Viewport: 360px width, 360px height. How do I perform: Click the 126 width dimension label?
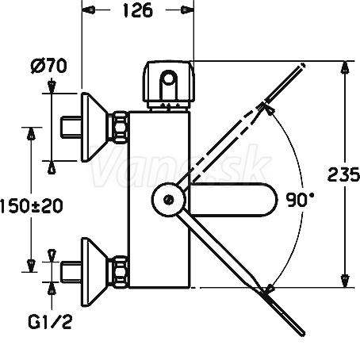pyautogui.click(x=138, y=10)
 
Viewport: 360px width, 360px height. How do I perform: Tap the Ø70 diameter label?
pyautogui.click(x=49, y=66)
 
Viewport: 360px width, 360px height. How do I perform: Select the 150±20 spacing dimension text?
pyautogui.click(x=32, y=206)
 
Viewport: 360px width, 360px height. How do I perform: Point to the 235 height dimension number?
pyautogui.click(x=343, y=174)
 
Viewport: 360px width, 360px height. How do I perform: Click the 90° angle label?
pyautogui.click(x=301, y=200)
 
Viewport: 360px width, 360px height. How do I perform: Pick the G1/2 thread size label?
pyautogui.click(x=50, y=321)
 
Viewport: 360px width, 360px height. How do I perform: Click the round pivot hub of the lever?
pyautogui.click(x=168, y=200)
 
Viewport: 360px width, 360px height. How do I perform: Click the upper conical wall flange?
pyautogui.click(x=94, y=127)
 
